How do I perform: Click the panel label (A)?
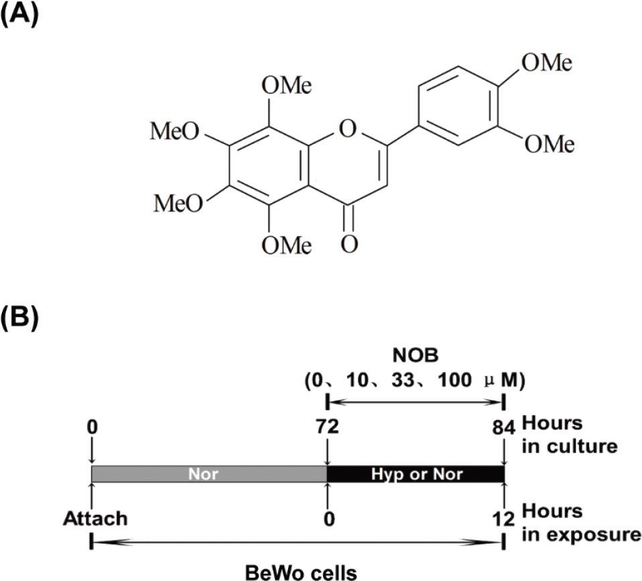21,15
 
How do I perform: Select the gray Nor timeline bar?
208,474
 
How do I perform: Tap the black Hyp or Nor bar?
415,474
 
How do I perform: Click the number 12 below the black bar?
504,519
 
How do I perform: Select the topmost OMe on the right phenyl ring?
548,64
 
